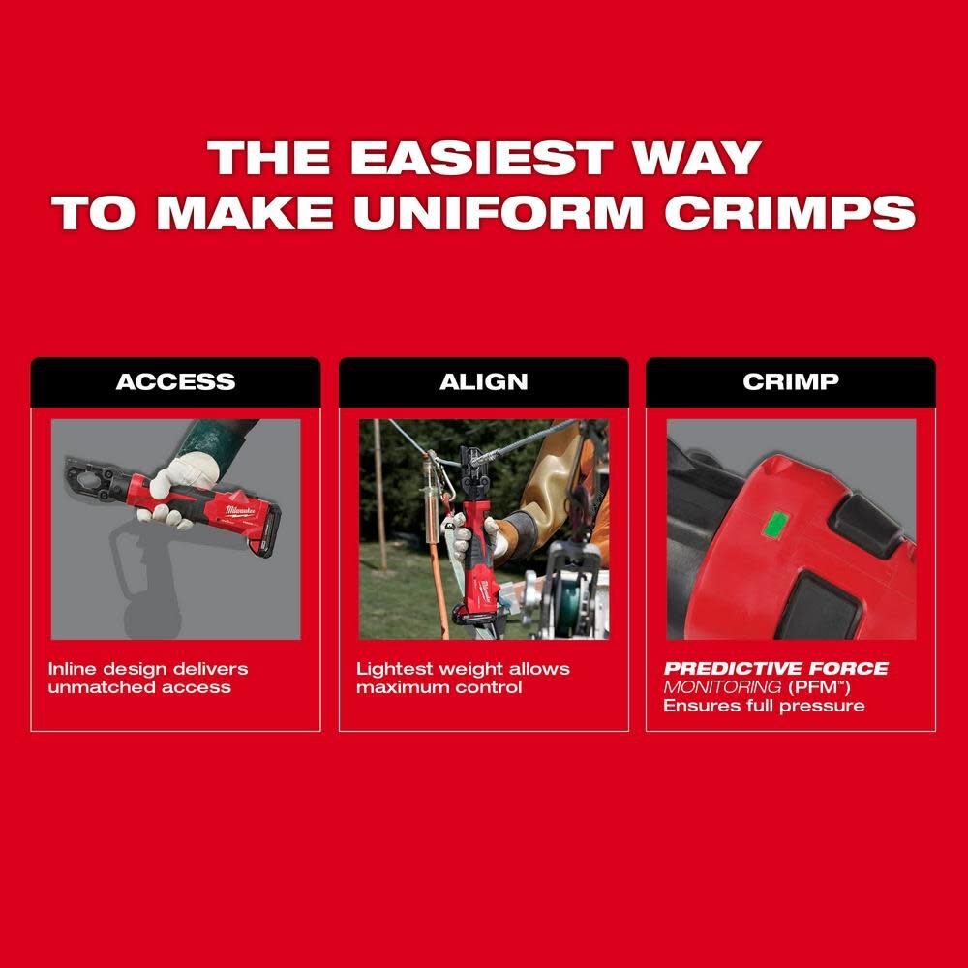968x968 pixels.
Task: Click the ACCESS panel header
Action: point(175,381)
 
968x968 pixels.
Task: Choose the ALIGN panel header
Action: point(483,381)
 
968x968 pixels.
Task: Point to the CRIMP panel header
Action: point(790,381)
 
